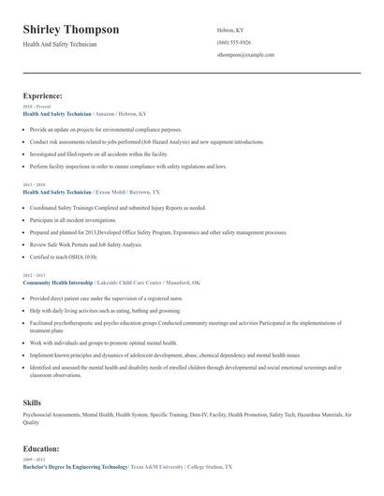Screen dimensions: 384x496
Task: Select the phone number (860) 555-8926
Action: coord(233,42)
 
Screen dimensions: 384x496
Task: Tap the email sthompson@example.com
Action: coord(245,55)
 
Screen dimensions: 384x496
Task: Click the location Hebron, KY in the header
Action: coord(230,30)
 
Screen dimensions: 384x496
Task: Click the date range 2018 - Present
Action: coord(37,107)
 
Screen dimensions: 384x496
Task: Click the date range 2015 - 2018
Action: coord(34,185)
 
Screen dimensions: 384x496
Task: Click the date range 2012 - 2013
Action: coord(34,275)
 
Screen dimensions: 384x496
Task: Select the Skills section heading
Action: coord(32,401)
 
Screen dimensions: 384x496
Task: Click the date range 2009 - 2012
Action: coord(34,459)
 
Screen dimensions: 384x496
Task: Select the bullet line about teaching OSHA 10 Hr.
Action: coord(64,255)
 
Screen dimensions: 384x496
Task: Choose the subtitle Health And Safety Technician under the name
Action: coord(59,44)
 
